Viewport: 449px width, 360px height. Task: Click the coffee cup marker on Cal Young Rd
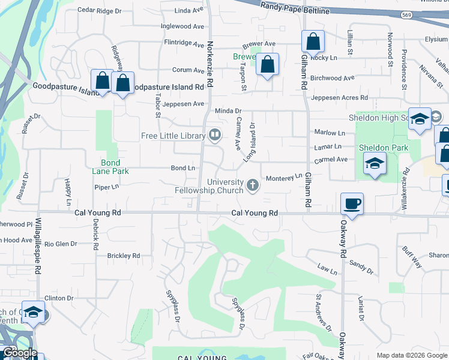pyautogui.click(x=352, y=204)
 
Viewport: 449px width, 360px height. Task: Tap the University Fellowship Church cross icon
pyautogui.click(x=253, y=185)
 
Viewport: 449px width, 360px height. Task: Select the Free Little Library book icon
pyautogui.click(x=214, y=136)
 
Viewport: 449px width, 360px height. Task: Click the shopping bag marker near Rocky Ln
pyautogui.click(x=313, y=42)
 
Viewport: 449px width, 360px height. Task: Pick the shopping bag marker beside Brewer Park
pyautogui.click(x=268, y=65)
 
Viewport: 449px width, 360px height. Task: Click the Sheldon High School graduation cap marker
pyautogui.click(x=420, y=118)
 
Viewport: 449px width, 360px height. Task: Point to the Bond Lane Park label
pyautogui.click(x=110, y=167)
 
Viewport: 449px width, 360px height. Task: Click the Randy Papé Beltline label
pyautogui.click(x=295, y=8)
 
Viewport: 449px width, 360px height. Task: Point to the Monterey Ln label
pyautogui.click(x=284, y=178)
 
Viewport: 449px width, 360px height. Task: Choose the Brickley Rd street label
pyautogui.click(x=123, y=256)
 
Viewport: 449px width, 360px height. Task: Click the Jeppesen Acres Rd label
pyautogui.click(x=339, y=97)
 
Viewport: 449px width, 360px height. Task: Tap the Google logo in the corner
pyautogui.click(x=19, y=353)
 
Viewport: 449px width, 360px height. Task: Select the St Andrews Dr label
pyautogui.click(x=324, y=312)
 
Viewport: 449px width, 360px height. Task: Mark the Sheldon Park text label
pyautogui.click(x=383, y=148)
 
